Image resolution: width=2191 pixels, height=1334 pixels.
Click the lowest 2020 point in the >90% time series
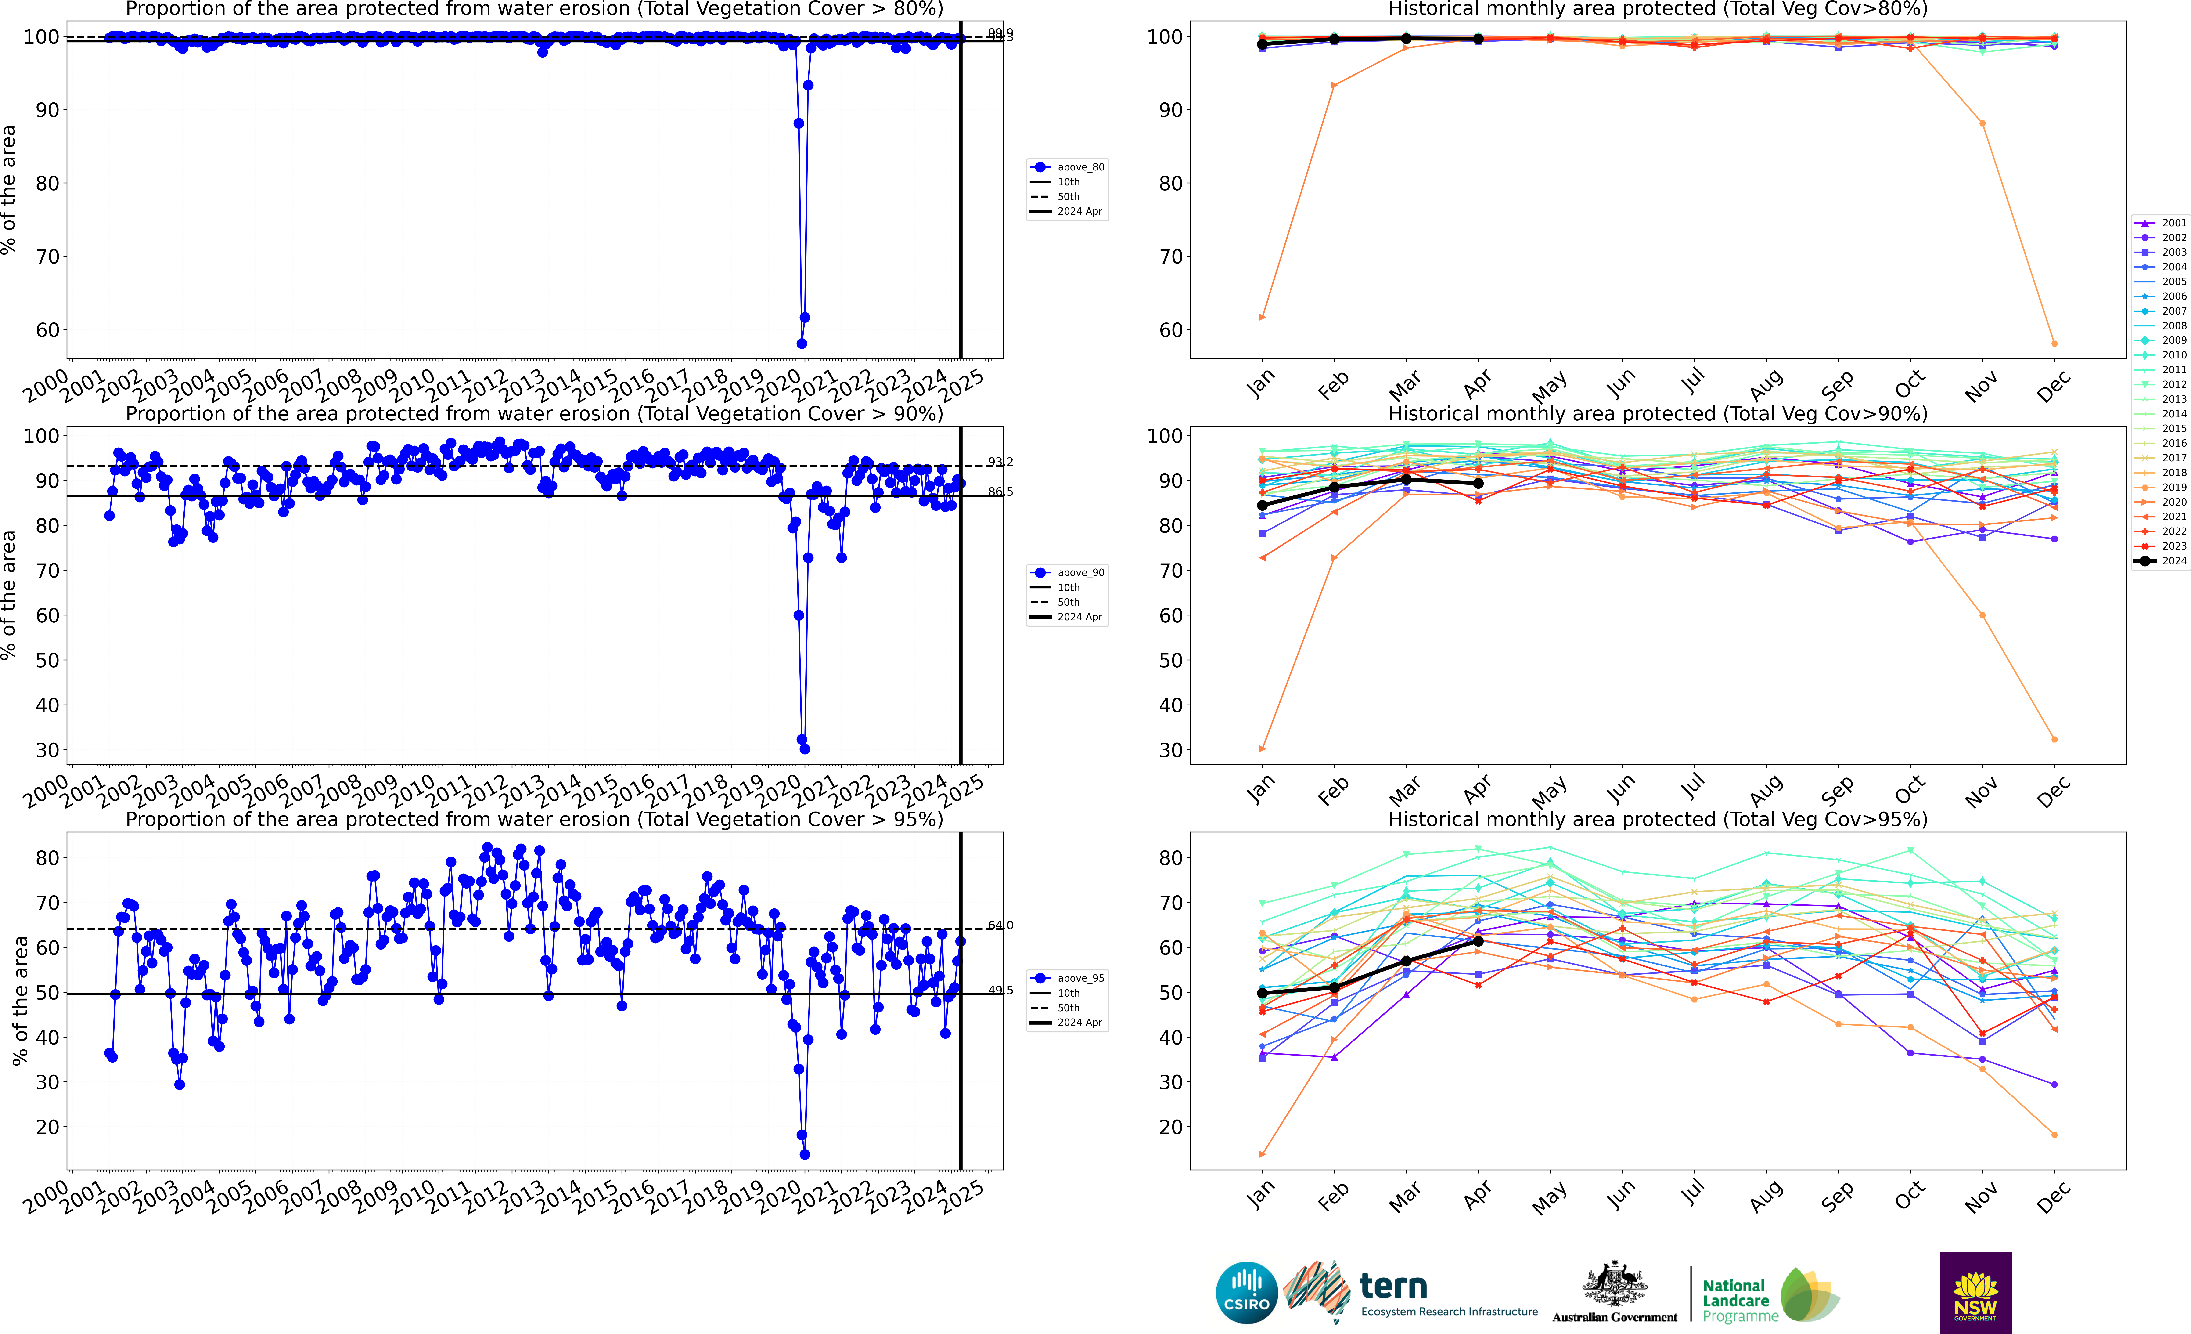pos(805,749)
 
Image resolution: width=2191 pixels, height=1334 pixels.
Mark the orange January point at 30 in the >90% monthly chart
pos(1262,749)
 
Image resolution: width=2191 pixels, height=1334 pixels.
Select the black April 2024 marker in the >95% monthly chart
pos(1478,941)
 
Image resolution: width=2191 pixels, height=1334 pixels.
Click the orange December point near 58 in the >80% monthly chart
pos(2054,343)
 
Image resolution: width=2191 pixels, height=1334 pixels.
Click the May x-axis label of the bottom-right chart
pos(1549,1198)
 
